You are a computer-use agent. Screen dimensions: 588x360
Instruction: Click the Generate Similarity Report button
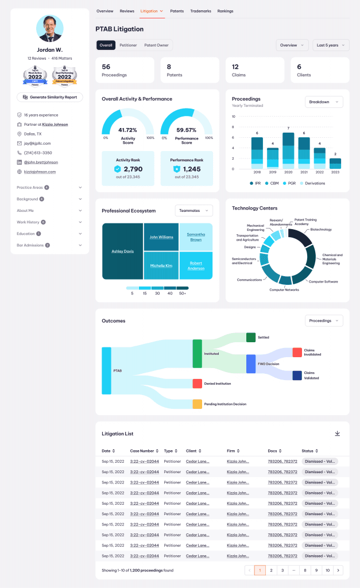pos(49,98)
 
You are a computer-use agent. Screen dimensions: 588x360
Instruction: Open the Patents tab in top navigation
pos(177,11)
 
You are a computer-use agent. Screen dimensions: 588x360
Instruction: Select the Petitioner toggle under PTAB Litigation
pos(128,45)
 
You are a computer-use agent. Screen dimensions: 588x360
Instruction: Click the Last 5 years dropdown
pos(330,45)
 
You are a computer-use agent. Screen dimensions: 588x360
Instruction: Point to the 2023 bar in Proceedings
pos(335,163)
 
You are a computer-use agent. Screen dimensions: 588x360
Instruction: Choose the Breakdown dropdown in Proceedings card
pos(323,102)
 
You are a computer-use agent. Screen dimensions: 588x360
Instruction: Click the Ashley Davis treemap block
pos(122,252)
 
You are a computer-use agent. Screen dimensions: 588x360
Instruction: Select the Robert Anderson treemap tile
pos(196,266)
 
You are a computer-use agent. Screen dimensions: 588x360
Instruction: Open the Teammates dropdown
pos(193,211)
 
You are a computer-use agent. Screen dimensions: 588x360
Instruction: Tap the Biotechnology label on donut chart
pos(321,229)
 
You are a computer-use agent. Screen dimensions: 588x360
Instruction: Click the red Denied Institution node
pos(197,384)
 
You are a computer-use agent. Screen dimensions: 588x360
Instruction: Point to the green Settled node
pos(250,337)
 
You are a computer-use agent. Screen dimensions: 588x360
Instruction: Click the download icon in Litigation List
pos(338,434)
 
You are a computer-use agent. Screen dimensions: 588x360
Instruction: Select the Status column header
pos(310,451)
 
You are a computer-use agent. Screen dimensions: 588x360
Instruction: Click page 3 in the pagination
pos(282,570)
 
